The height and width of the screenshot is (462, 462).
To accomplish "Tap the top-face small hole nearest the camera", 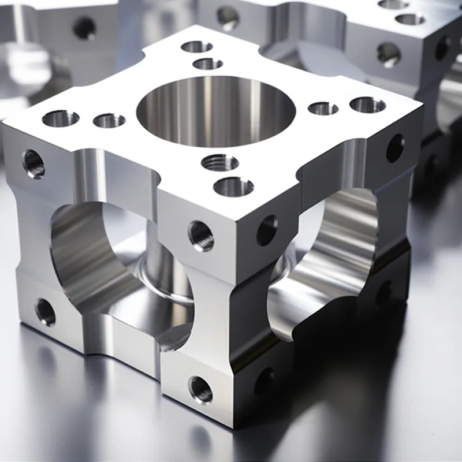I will (233, 187).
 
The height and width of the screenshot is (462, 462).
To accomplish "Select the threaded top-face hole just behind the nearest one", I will (220, 162).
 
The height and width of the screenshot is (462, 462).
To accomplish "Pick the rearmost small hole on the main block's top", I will (197, 47).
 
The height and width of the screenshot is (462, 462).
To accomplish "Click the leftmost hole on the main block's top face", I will (61, 118).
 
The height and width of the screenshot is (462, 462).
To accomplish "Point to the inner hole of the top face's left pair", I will (109, 120).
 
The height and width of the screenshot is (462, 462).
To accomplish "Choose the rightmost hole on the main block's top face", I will (368, 105).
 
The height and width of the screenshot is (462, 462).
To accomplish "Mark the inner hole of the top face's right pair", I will (323, 108).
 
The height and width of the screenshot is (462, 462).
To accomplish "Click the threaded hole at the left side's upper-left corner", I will (33, 163).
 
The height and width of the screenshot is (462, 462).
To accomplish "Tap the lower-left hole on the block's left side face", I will (45, 312).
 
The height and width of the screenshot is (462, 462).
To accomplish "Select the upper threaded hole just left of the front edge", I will (201, 236).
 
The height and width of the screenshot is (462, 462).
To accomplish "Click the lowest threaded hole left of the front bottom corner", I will (200, 390).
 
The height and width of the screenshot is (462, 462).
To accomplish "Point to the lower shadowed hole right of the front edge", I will (264, 382).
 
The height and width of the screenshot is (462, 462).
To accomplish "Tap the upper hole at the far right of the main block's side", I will (395, 148).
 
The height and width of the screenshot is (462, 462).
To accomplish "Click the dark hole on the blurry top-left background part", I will (84, 27).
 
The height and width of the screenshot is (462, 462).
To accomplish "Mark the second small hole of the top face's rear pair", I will (208, 64).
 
